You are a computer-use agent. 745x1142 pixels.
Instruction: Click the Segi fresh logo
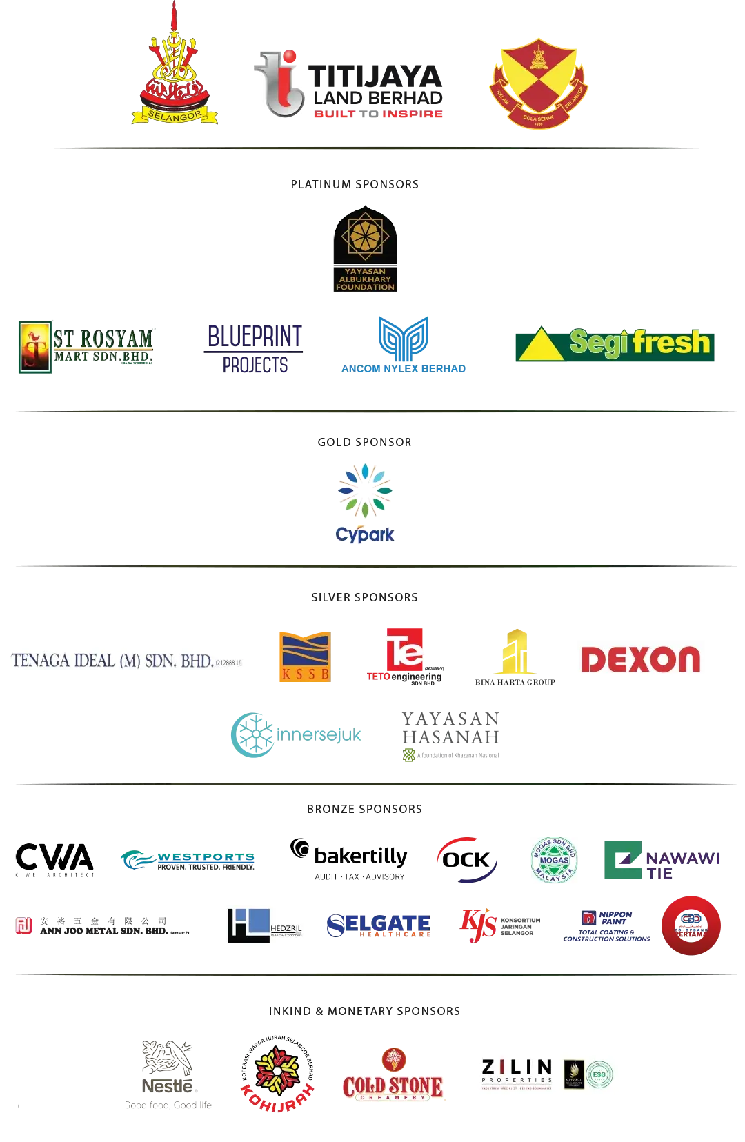[615, 344]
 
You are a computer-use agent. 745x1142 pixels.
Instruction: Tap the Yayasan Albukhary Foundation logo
[365, 249]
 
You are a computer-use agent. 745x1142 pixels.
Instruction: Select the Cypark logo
[365, 502]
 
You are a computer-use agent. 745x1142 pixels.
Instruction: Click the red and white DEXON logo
[639, 660]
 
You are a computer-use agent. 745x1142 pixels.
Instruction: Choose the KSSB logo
[304, 656]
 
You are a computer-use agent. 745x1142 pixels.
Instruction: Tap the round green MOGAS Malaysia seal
[554, 859]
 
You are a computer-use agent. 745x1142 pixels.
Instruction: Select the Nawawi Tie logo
[661, 860]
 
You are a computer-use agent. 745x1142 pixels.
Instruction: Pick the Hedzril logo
[262, 926]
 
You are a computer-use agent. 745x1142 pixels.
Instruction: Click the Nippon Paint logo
[606, 926]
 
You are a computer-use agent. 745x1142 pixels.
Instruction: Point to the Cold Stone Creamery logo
[394, 1076]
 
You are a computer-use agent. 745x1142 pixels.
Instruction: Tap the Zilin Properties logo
[548, 1076]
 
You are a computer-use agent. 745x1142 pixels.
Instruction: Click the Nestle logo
[167, 1073]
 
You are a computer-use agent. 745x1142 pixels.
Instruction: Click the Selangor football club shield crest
[538, 84]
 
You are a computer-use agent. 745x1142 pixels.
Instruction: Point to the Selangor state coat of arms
[175, 76]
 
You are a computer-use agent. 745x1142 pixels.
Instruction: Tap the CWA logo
[53, 859]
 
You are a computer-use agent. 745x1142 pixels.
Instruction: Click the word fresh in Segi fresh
[671, 342]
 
